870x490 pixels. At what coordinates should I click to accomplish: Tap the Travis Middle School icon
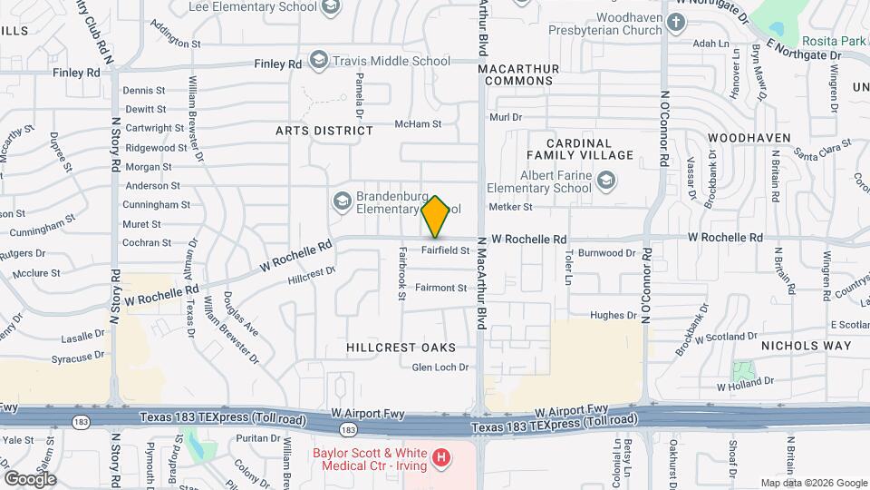point(318,61)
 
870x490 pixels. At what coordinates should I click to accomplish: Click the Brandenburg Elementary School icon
point(343,200)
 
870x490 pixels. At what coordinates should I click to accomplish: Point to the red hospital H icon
point(441,457)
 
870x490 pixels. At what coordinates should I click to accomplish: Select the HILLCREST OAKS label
point(401,348)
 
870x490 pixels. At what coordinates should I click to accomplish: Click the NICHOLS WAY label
point(806,346)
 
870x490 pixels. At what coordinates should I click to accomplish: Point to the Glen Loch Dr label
point(440,367)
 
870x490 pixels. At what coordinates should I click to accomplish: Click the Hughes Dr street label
point(614,316)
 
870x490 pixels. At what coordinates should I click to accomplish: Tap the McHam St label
point(418,124)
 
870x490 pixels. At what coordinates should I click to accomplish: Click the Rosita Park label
point(834,41)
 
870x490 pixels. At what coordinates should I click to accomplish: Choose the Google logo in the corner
point(29,478)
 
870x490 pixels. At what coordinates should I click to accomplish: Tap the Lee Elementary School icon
point(331,7)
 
